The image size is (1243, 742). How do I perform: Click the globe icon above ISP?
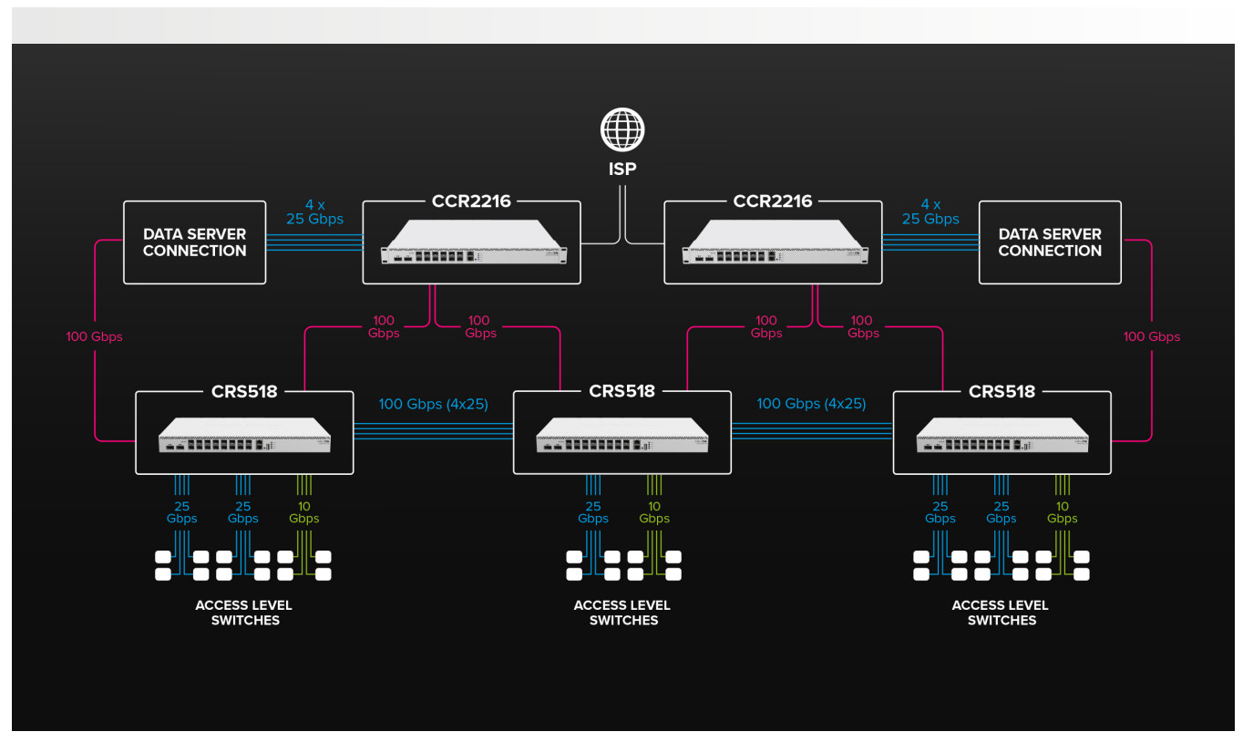point(622,129)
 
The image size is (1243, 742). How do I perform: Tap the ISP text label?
point(622,169)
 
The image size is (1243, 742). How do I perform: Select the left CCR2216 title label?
point(471,201)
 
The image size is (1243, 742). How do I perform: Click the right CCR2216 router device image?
point(775,242)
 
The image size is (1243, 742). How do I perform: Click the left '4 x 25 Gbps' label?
point(314,212)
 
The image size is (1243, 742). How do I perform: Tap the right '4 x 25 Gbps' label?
point(930,212)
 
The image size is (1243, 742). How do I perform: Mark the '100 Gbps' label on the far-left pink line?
point(95,336)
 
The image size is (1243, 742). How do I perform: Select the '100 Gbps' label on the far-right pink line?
point(1152,336)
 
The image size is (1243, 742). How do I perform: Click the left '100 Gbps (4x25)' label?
point(434,404)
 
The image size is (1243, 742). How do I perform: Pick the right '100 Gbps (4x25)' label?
point(811,404)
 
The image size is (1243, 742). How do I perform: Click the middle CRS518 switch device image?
point(622,435)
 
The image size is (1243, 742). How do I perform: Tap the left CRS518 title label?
point(244,391)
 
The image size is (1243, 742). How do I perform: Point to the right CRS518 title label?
point(1002,391)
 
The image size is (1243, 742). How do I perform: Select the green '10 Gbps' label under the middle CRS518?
point(654,512)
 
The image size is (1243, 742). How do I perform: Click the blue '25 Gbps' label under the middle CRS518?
point(592,512)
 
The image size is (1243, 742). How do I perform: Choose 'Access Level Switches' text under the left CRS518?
point(244,613)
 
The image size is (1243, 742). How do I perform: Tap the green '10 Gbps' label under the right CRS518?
point(1062,512)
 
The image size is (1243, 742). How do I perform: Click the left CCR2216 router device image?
point(473,242)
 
